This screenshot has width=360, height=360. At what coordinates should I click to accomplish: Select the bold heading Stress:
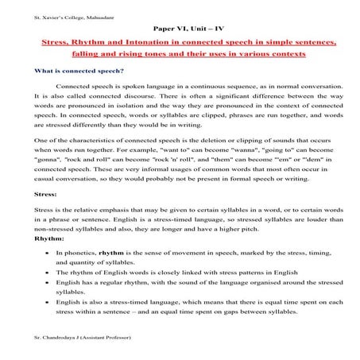click(45, 193)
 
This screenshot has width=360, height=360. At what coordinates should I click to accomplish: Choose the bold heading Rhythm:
click(48, 238)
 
